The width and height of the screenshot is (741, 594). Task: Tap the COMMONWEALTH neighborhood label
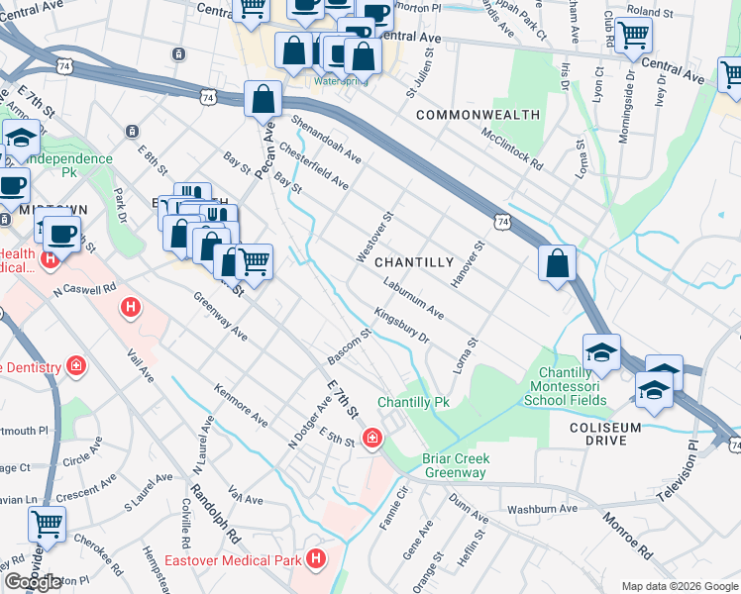click(x=477, y=115)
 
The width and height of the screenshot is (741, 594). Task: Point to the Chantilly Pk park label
click(x=413, y=403)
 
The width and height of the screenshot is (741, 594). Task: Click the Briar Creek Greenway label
click(x=454, y=465)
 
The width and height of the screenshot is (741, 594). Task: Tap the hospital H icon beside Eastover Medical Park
click(x=315, y=560)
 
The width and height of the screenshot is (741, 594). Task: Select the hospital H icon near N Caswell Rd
click(x=129, y=309)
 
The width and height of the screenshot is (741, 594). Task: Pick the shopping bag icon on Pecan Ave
click(x=263, y=99)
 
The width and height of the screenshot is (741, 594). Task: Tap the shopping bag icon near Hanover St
click(x=558, y=263)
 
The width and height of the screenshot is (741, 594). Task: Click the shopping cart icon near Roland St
click(x=633, y=35)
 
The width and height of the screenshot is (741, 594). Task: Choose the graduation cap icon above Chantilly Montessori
click(x=601, y=350)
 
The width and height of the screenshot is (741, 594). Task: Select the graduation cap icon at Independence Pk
click(x=20, y=139)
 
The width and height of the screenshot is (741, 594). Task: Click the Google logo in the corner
click(x=34, y=582)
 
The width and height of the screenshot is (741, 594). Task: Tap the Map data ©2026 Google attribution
click(x=680, y=586)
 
